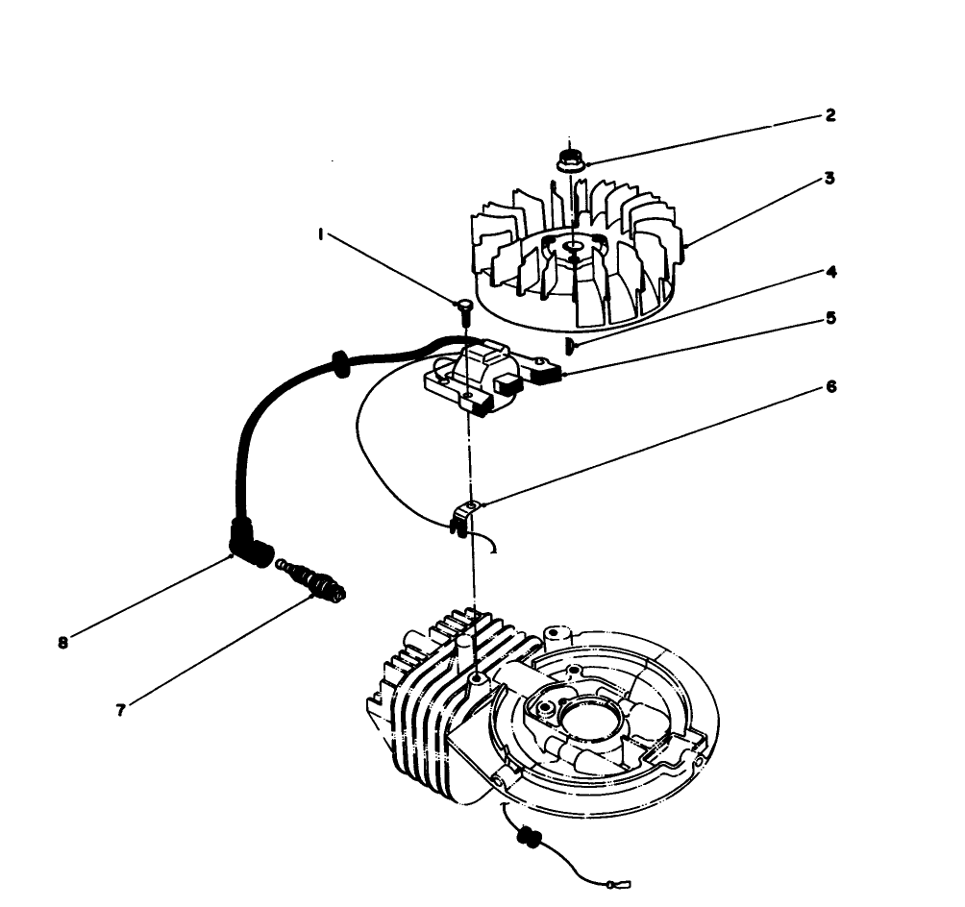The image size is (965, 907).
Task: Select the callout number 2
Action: tap(829, 115)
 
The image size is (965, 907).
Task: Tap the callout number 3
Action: tap(829, 179)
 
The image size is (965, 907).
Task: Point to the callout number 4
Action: tap(829, 272)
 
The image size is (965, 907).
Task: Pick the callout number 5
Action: tap(829, 316)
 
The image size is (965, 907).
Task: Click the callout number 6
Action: tap(829, 386)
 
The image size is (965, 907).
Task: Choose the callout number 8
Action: tap(62, 644)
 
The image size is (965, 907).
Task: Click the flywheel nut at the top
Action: tap(572, 159)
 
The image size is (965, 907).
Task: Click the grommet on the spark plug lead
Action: tap(339, 362)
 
